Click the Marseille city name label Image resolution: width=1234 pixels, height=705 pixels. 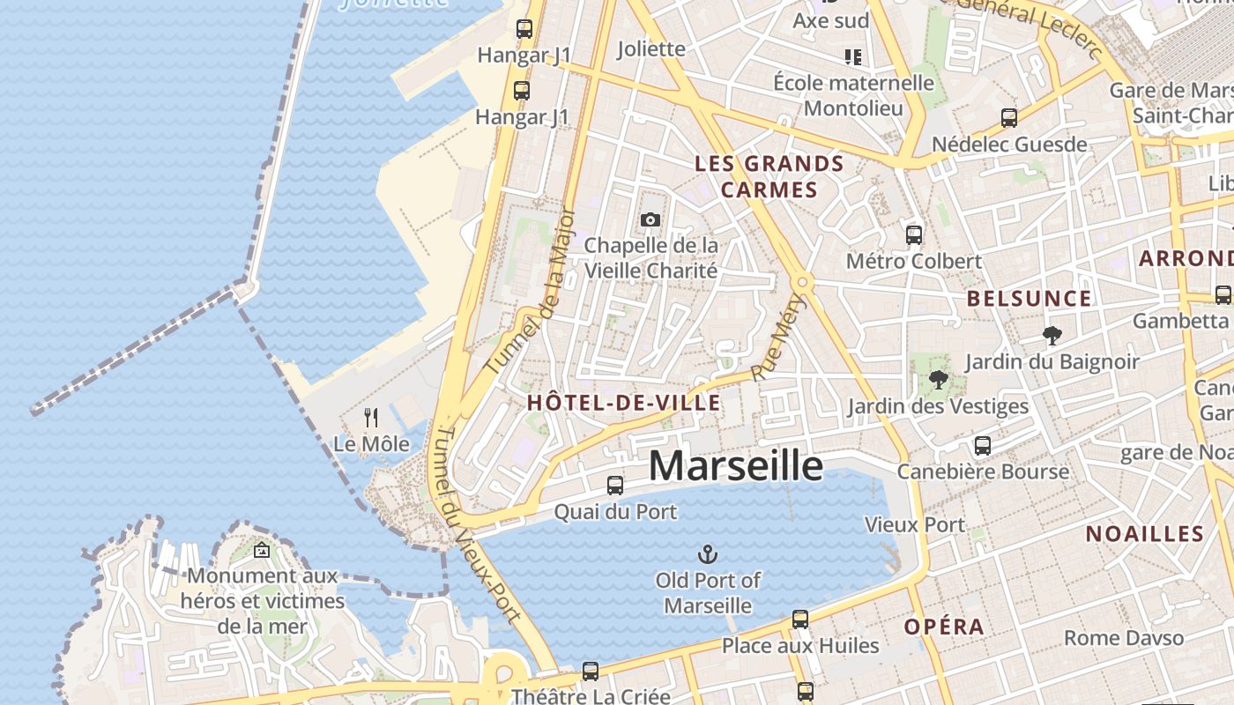736,466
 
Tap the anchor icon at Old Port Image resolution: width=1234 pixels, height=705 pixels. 707,554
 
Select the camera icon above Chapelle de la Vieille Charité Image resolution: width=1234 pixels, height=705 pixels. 650,219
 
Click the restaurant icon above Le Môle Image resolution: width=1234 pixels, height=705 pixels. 371,417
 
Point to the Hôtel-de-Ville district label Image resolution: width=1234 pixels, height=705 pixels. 623,404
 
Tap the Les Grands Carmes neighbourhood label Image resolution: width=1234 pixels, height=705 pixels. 769,176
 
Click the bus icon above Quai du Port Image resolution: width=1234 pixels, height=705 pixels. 615,485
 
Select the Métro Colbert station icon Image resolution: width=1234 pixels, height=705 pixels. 914,234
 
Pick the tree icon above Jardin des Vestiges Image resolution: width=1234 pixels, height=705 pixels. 938,380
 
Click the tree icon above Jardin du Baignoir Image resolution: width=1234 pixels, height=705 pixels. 1052,335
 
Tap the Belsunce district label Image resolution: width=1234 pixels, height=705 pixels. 1029,299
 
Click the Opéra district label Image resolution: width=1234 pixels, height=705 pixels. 944,627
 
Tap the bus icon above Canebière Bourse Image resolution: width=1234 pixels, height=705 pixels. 983,445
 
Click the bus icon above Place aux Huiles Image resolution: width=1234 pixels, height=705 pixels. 800,619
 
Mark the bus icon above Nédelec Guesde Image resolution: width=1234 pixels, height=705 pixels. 1009,117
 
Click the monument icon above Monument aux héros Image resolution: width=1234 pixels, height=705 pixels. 262,551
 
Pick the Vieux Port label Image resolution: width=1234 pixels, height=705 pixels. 915,524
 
